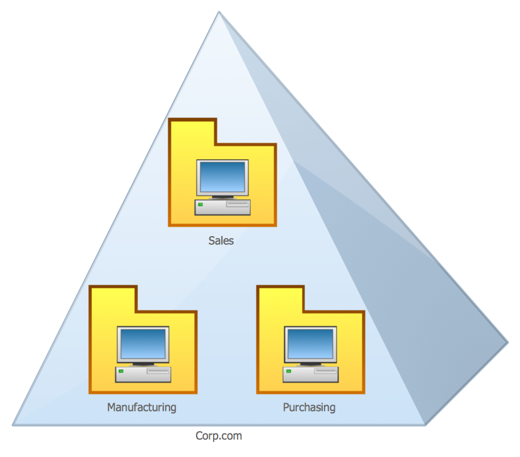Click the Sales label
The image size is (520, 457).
[221, 240]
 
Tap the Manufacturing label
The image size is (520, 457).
[142, 407]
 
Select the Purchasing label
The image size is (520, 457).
[309, 407]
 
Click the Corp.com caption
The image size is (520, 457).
[219, 436]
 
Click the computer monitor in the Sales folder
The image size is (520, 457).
[222, 177]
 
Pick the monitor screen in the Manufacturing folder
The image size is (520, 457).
[143, 343]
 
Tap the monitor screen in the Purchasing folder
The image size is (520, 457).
[309, 343]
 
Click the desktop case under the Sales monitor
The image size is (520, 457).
[222, 207]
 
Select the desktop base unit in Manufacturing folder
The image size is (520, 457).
[143, 374]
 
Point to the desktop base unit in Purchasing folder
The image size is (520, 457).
[310, 374]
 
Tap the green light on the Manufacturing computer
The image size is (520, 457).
[121, 372]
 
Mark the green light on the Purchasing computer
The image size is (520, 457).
[288, 372]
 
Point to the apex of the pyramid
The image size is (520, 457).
[219, 12]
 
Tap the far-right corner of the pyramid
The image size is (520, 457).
[507, 343]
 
